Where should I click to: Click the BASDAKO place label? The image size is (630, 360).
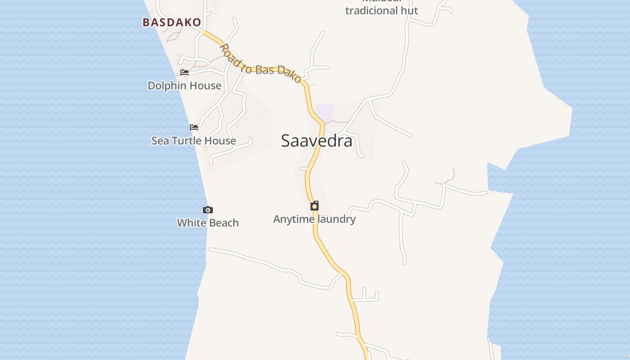[171, 22]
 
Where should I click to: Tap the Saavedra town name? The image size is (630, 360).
[316, 141]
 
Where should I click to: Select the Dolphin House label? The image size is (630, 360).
[184, 85]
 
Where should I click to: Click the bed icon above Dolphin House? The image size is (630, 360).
[184, 72]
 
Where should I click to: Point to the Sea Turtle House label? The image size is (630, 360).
[193, 141]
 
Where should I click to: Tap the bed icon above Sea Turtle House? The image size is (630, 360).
[194, 127]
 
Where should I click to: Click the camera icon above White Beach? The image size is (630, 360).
[207, 210]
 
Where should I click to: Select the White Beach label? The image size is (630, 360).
[207, 223]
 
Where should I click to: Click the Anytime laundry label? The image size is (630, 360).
[314, 219]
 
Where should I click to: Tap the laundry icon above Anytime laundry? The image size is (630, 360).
[315, 206]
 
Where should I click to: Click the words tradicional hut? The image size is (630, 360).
[382, 10]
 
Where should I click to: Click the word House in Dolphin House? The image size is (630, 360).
[205, 85]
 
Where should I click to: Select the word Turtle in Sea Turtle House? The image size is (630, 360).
[191, 141]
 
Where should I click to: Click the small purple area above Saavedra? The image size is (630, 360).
[325, 112]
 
